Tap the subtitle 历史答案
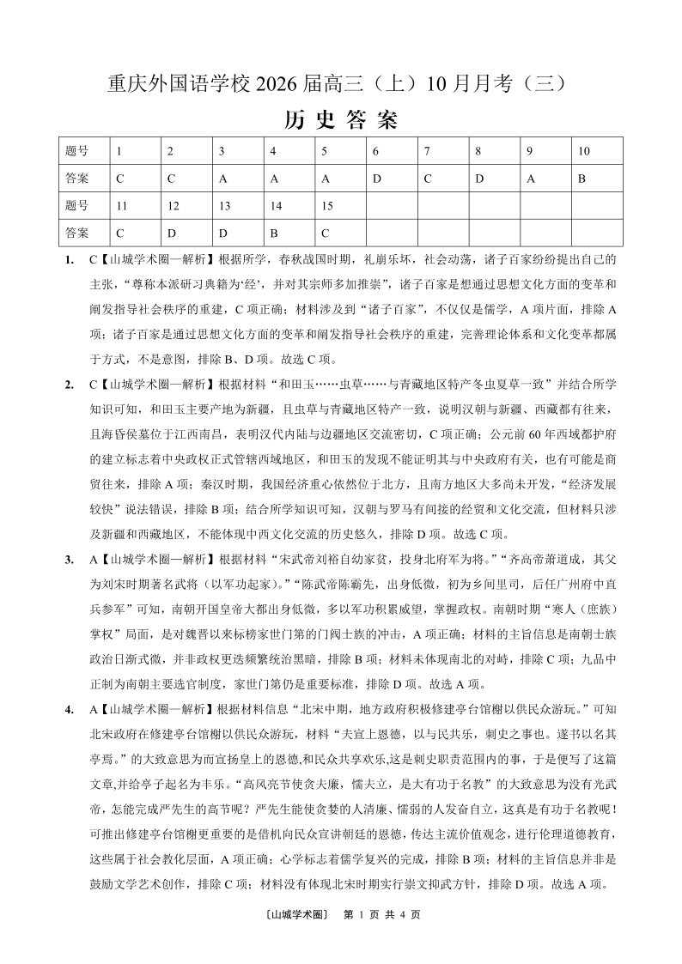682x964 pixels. (341, 119)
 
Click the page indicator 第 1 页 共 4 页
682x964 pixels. (381, 915)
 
